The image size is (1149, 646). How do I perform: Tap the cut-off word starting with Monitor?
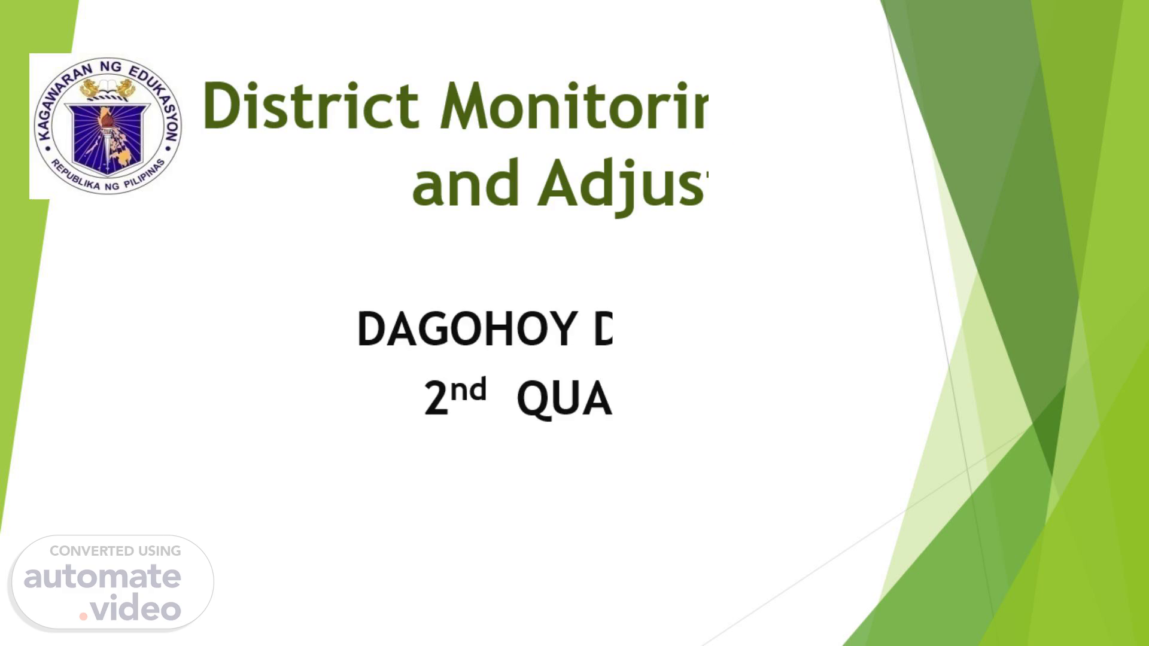coord(573,106)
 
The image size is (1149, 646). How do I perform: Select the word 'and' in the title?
coord(465,184)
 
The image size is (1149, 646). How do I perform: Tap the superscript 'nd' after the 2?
coord(469,391)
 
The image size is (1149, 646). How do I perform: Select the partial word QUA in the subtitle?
coord(564,400)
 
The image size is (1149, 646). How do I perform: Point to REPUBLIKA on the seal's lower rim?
coord(75,176)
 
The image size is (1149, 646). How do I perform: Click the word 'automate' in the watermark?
coord(102,577)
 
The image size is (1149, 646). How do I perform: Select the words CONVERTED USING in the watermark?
coord(115,551)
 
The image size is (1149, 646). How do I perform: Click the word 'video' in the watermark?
coord(136,608)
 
